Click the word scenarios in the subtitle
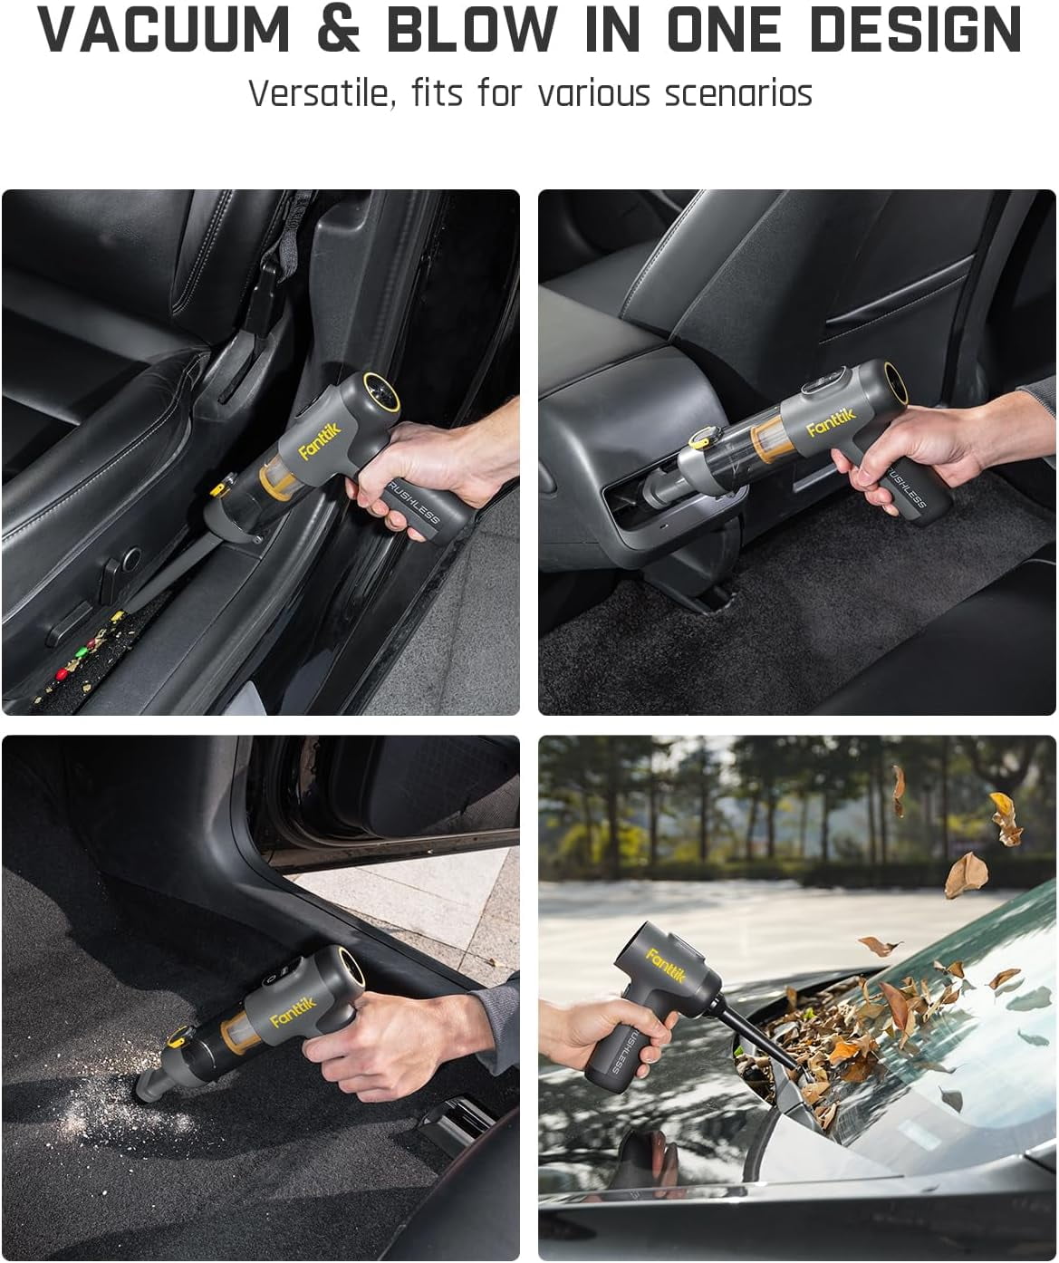[738, 93]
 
